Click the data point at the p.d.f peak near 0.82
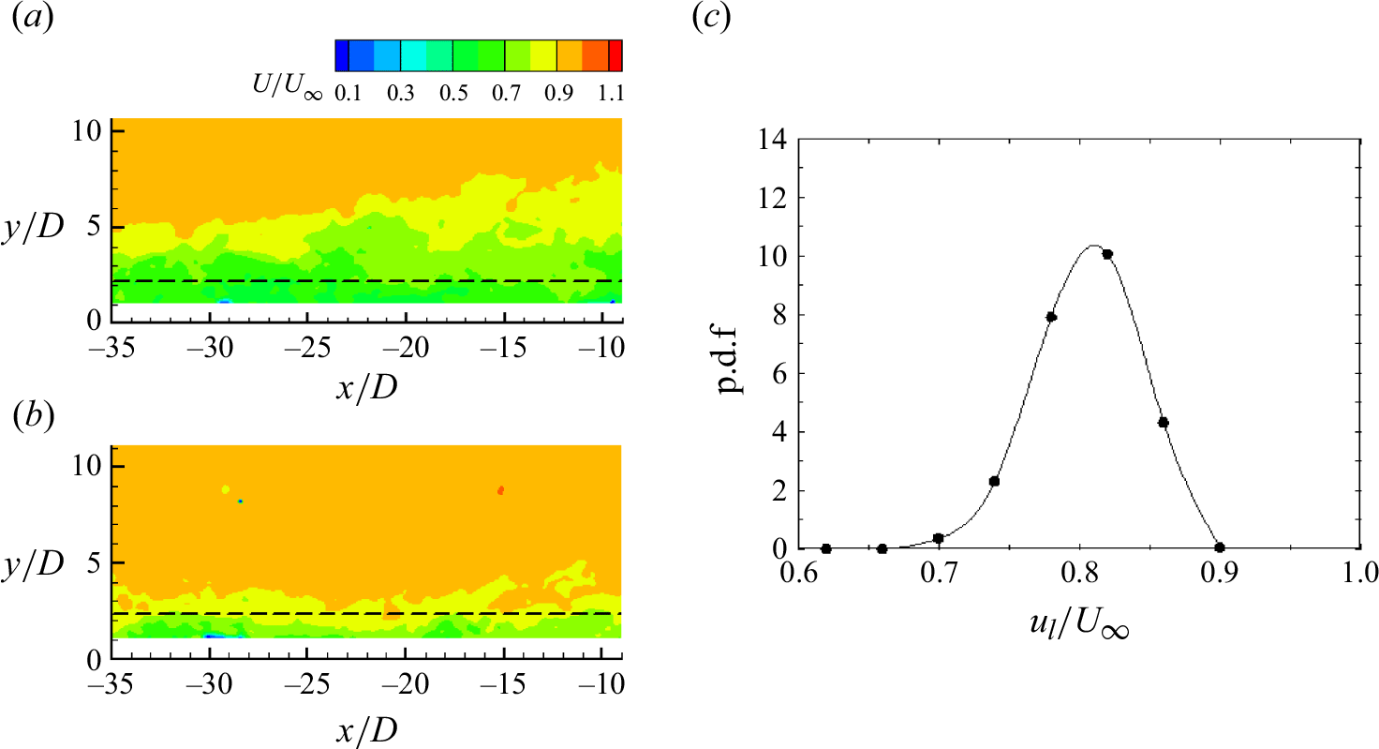[1106, 254]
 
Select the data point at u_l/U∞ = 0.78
[1051, 317]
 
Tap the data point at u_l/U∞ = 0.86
[1163, 423]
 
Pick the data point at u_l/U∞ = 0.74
[994, 482]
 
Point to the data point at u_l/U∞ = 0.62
[825, 548]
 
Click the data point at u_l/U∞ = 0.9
[1219, 547]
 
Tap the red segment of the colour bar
[615, 56]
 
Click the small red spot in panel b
[501, 490]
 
